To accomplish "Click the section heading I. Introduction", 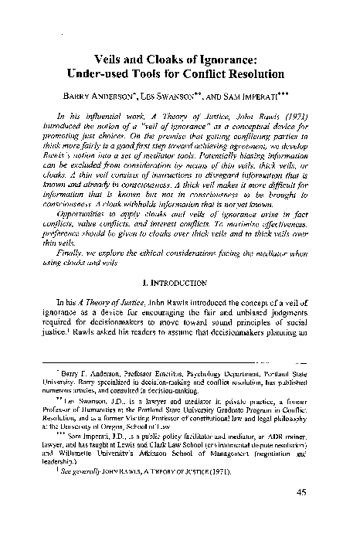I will click(179, 295).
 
